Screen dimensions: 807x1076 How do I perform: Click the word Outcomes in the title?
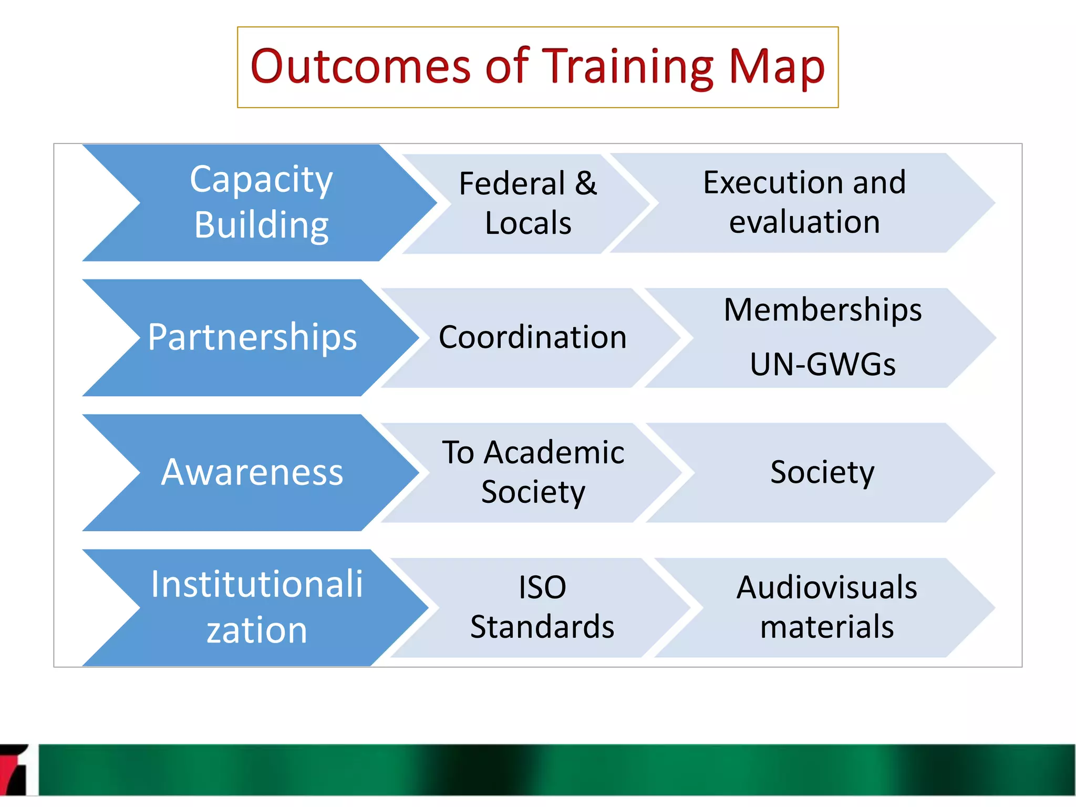coord(360,67)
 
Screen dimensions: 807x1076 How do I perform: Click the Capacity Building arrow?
coord(261,203)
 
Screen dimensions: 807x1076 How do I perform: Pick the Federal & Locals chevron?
coord(527,204)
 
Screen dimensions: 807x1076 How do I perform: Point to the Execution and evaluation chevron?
coord(804,203)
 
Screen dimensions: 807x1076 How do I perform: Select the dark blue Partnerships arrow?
coord(252,337)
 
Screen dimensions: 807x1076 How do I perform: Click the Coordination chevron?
coord(532,337)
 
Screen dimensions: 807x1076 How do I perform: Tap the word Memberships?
coord(822,309)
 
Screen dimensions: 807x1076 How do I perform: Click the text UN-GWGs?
coord(822,365)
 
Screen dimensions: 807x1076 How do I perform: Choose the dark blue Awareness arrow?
coord(252,472)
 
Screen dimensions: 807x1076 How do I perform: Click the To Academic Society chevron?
coord(532,472)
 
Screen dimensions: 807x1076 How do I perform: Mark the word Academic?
coord(554,453)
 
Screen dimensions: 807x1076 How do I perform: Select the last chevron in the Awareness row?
coord(822,472)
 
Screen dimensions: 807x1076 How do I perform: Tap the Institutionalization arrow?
coord(256,607)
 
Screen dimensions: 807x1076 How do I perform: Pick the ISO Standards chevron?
coord(542,607)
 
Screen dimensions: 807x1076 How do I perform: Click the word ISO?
coord(542,587)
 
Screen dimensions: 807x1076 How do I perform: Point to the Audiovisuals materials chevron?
coord(826,607)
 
